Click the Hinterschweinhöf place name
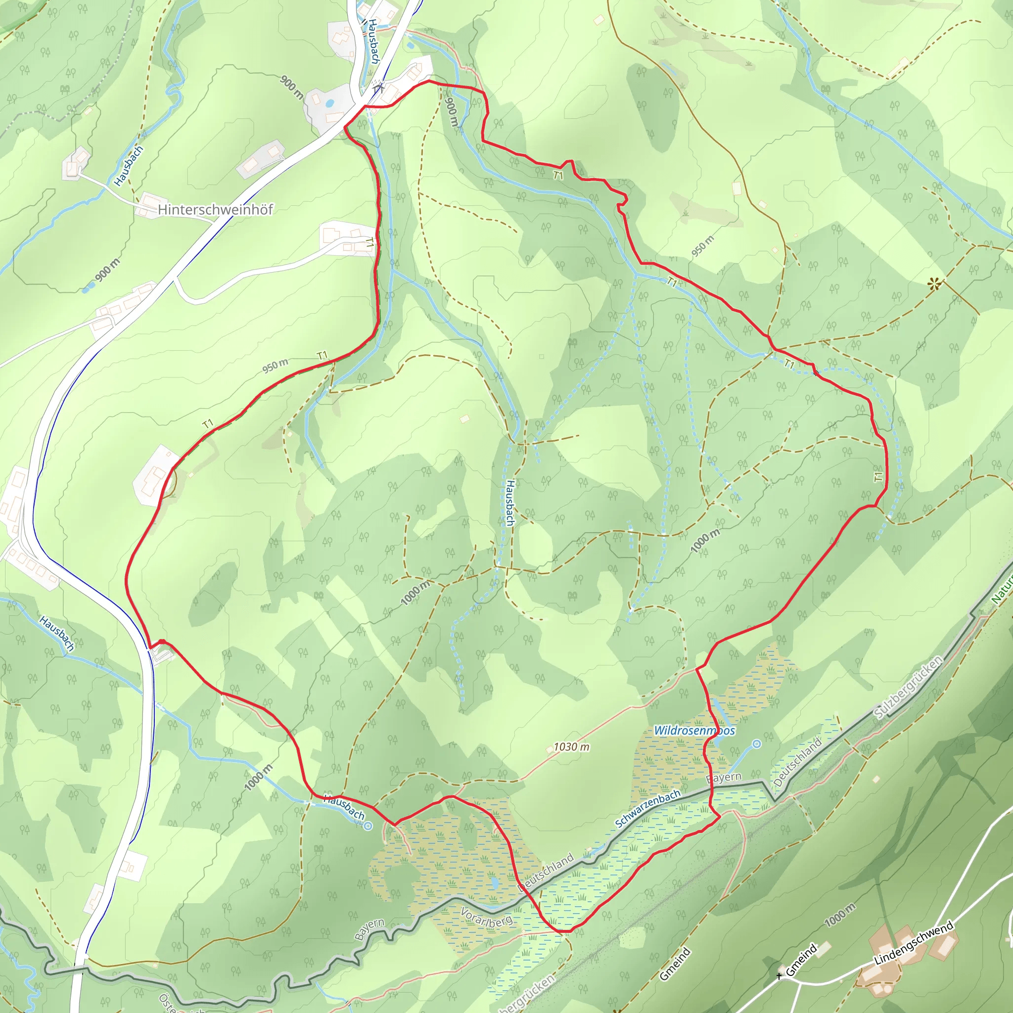(x=216, y=210)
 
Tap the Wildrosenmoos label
(x=694, y=731)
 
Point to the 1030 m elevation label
(x=571, y=746)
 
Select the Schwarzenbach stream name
(x=647, y=809)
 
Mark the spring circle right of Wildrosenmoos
(x=757, y=743)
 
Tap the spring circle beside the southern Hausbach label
(x=368, y=827)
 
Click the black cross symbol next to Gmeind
(x=779, y=976)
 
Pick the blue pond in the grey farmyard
(x=330, y=103)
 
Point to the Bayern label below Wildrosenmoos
(x=724, y=778)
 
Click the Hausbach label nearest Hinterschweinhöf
(x=129, y=166)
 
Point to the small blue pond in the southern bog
(x=495, y=883)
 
